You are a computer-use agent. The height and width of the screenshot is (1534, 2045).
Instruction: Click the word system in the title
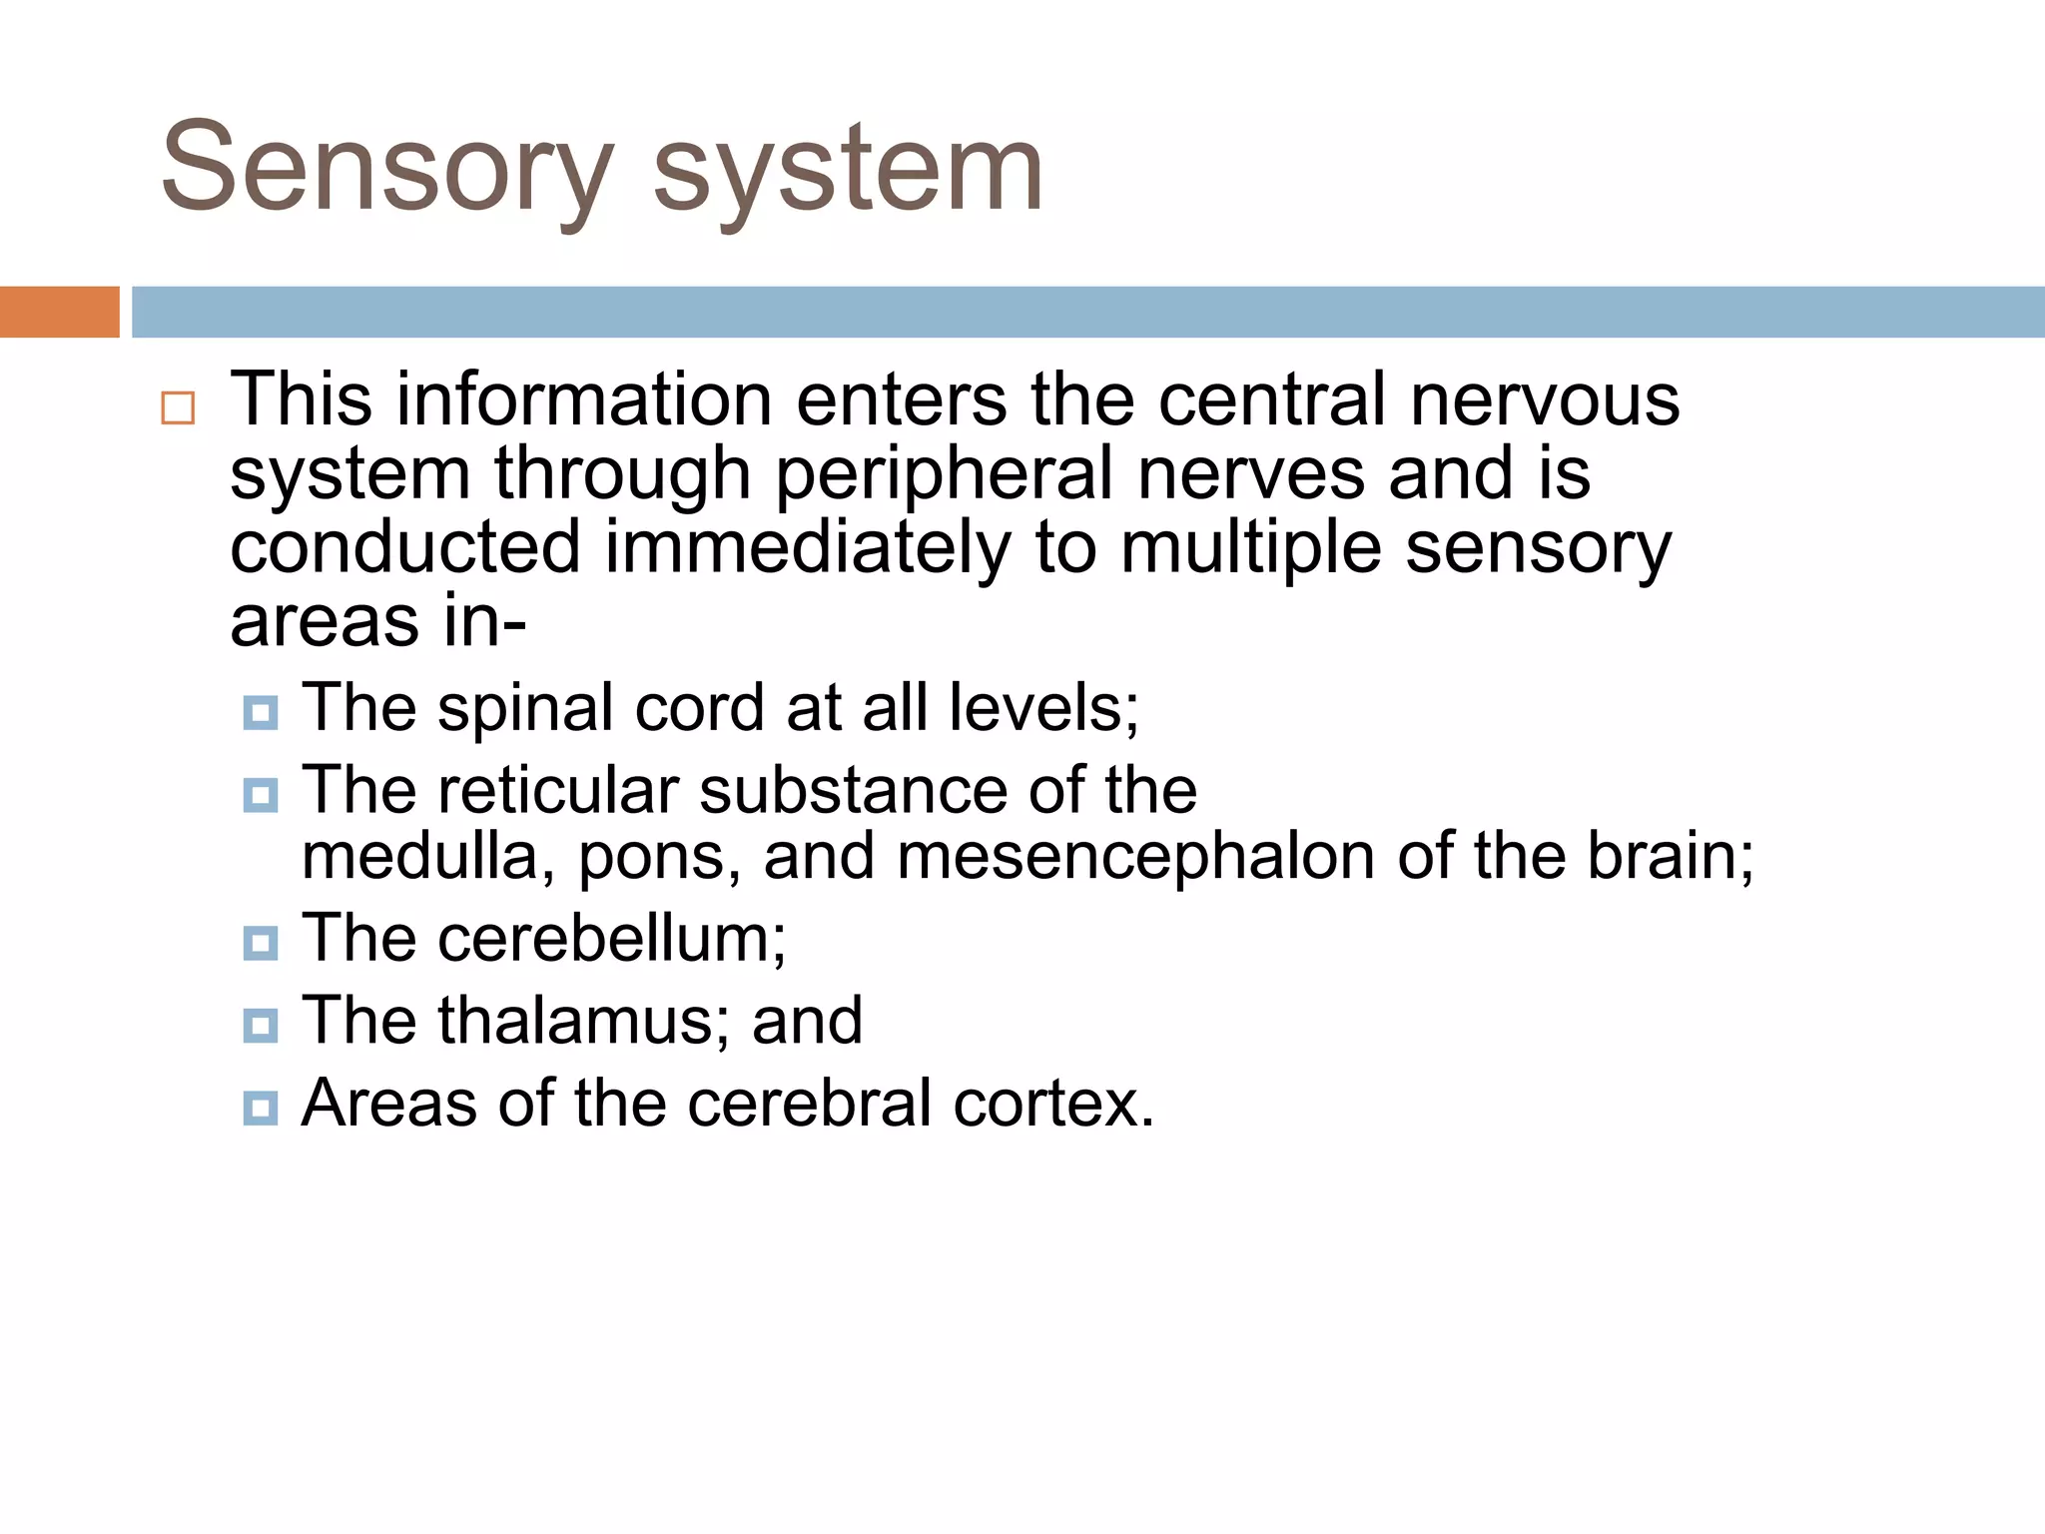848,168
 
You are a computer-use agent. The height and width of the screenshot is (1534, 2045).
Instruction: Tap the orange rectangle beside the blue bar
59,312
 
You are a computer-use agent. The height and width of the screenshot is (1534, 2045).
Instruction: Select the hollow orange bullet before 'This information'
178,408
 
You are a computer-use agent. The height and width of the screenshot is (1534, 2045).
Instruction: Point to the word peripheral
944,473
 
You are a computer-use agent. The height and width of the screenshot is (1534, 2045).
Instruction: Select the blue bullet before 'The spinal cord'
261,713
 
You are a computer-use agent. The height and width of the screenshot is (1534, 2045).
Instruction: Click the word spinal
525,708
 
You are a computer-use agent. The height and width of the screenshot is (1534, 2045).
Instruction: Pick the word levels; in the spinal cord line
1043,708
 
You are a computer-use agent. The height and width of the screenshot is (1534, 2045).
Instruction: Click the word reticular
559,790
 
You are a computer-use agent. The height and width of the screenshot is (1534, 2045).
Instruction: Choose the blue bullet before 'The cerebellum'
261,943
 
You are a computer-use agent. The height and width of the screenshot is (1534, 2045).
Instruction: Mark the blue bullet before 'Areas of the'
261,1108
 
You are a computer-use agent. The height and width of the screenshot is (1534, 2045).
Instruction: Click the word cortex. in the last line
1053,1103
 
